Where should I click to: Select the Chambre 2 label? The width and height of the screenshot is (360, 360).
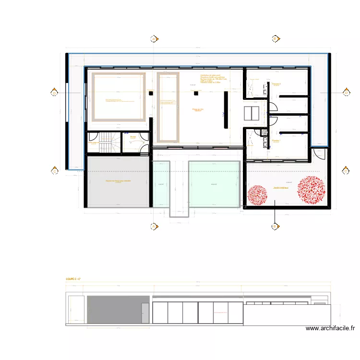pos(276,84)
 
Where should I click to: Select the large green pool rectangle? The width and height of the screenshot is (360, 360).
pos(214,183)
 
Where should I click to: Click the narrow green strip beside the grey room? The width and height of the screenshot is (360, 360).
pos(161,183)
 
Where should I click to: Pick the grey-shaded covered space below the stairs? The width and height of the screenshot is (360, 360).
pos(118,181)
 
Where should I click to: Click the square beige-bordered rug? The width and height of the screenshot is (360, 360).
pos(119,96)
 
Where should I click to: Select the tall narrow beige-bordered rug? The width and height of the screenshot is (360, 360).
pos(168,108)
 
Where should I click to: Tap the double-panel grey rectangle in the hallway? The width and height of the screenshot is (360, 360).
pos(252,113)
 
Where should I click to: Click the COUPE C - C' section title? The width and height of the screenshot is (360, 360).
pos(73,278)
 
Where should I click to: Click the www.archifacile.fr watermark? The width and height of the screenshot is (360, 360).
pos(330,328)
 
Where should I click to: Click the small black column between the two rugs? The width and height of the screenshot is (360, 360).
pos(150,93)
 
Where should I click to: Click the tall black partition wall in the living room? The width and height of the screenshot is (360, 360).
pos(226,109)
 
